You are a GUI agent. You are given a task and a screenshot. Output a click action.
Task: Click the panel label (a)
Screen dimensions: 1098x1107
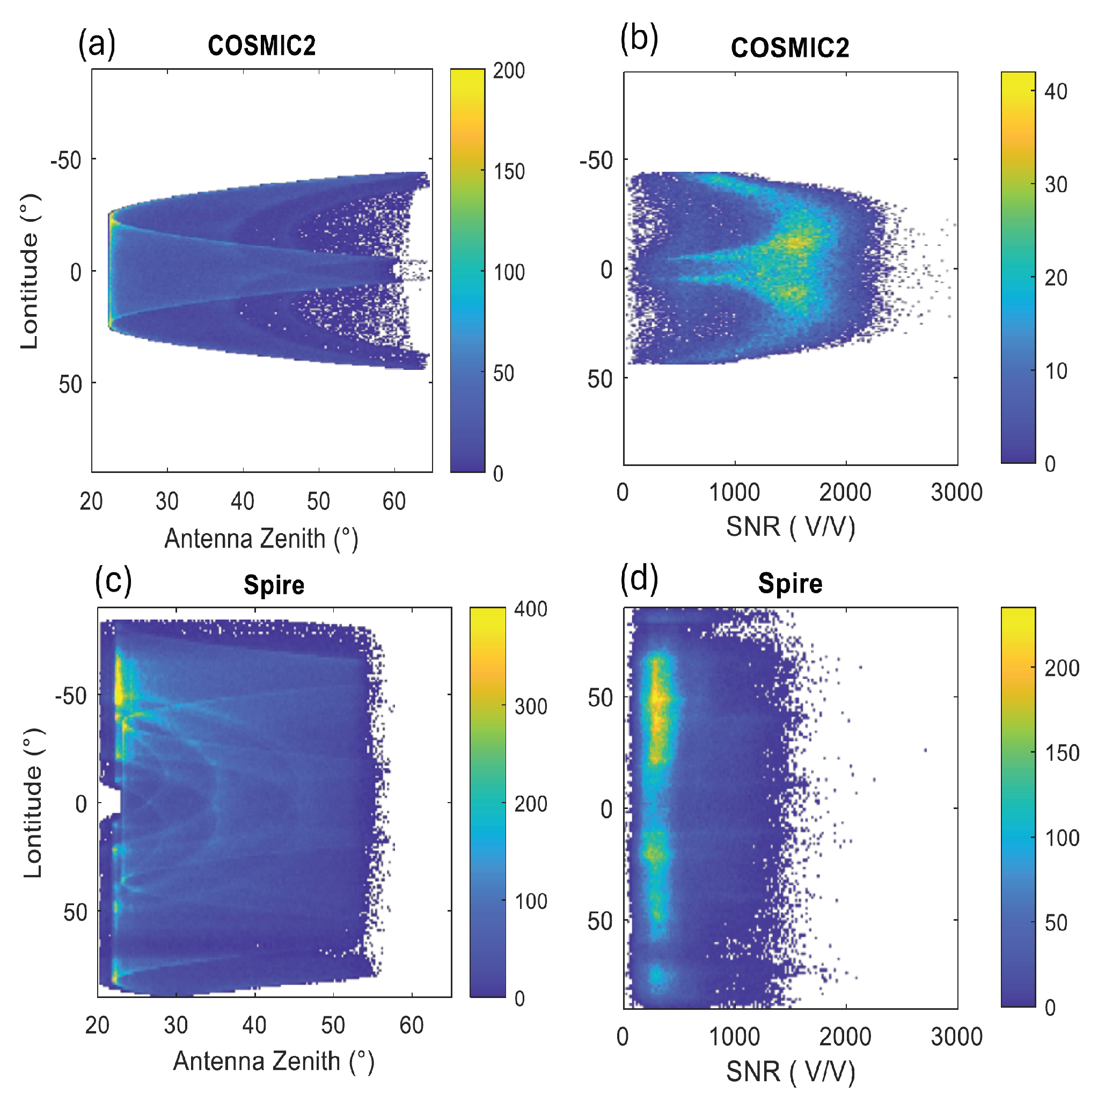[97, 44]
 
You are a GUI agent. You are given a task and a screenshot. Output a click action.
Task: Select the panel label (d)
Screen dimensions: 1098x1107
[639, 580]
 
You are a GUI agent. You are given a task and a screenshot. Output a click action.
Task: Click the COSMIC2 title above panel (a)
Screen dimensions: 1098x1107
[262, 46]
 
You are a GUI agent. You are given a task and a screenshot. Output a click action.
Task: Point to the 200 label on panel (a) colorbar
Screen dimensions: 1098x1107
[509, 70]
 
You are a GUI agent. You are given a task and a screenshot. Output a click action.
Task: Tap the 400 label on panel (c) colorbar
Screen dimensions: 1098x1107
[530, 609]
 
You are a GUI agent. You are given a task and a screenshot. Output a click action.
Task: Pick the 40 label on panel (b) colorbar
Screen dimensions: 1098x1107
[1056, 92]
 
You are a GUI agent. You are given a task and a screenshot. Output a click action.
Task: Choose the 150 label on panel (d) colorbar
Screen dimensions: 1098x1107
[1062, 753]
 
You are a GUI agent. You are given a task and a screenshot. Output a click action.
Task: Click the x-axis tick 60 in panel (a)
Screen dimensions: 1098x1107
[394, 501]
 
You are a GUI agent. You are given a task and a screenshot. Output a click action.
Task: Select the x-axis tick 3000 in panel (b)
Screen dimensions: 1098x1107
[956, 492]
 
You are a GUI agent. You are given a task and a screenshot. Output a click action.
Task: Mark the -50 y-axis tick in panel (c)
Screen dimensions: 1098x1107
[71, 697]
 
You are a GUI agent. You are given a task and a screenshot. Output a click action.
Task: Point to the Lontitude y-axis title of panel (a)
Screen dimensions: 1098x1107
[30, 271]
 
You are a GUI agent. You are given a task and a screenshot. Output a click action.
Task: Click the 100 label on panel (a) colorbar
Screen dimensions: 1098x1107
[509, 272]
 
